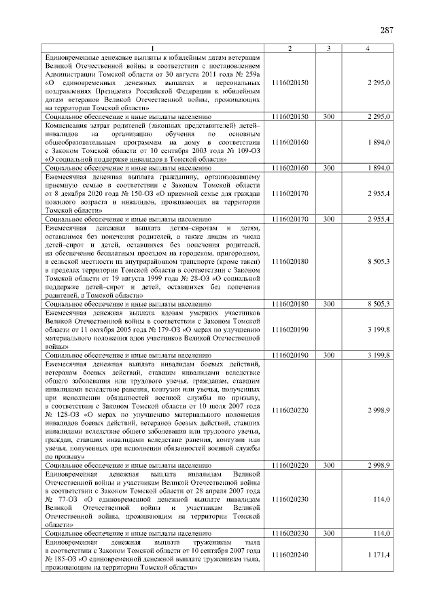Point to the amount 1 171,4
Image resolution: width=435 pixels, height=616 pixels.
(x=377, y=555)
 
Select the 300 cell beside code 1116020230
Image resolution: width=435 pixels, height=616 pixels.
(x=328, y=534)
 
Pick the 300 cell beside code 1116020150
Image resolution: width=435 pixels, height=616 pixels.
(x=328, y=117)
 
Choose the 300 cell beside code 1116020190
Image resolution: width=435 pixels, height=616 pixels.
(x=328, y=355)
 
